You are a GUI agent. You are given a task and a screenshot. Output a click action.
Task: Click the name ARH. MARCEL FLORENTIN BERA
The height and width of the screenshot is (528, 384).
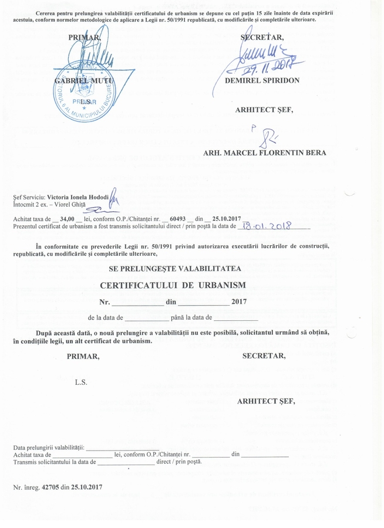pyautogui.click(x=264, y=153)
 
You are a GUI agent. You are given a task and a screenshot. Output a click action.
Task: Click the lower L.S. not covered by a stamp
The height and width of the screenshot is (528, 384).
pyautogui.click(x=80, y=382)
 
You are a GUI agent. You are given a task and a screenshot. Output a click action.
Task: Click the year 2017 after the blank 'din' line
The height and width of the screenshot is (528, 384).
pyautogui.click(x=240, y=302)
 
